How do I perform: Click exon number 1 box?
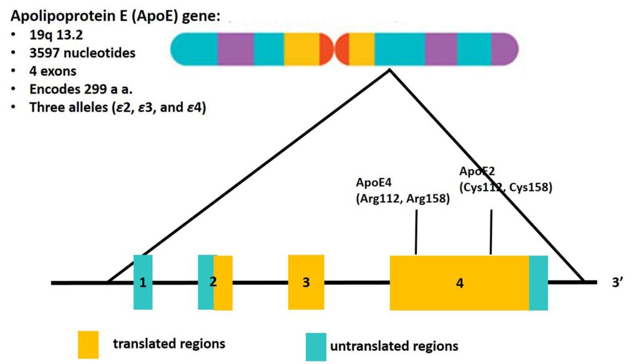tap(143, 282)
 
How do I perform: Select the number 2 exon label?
tap(213, 282)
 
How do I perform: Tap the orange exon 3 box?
tap(306, 282)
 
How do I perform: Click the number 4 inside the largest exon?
tap(460, 283)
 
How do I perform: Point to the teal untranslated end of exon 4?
tap(539, 282)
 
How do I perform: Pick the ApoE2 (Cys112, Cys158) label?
tap(505, 179)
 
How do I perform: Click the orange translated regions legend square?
tap(88, 344)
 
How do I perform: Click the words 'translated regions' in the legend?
tap(168, 343)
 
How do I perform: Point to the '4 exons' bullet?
tap(53, 71)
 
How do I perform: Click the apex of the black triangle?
tap(390, 70)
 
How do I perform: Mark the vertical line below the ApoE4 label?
tap(416, 232)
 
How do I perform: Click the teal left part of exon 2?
tap(205, 282)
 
